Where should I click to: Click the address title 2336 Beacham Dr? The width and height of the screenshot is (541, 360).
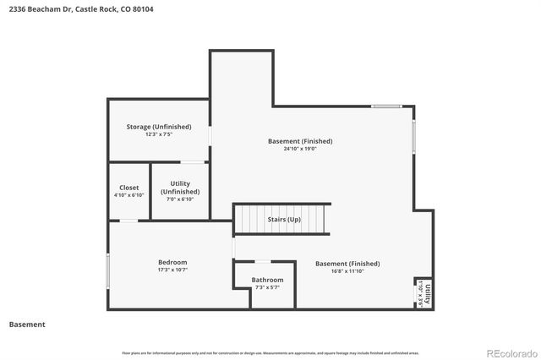coord(81,9)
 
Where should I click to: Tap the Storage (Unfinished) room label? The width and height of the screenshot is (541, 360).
coord(159,127)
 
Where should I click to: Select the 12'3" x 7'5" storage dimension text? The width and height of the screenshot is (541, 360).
coord(159,134)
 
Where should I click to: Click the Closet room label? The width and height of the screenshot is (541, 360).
coord(128,188)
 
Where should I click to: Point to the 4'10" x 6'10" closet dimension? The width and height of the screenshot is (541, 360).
coord(128,195)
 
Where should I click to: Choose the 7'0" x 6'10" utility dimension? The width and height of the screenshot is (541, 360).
coord(179,199)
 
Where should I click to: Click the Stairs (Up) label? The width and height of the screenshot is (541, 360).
coord(283,219)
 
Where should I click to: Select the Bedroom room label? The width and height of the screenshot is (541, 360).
coord(172,262)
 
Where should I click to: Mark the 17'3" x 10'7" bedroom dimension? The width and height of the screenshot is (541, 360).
coord(172,270)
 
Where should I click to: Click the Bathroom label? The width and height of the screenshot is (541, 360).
coord(267,280)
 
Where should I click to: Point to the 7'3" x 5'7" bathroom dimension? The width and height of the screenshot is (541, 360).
coord(267,288)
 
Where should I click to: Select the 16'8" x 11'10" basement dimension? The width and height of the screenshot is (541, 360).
coord(347,271)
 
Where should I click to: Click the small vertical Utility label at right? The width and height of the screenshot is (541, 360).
coord(428,292)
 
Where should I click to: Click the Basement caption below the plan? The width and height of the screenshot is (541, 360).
coord(27,325)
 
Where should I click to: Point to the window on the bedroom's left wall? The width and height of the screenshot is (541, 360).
coord(107,271)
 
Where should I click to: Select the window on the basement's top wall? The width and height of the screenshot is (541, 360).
coord(386,106)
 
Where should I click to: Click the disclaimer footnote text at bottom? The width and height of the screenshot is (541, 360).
coord(270,352)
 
